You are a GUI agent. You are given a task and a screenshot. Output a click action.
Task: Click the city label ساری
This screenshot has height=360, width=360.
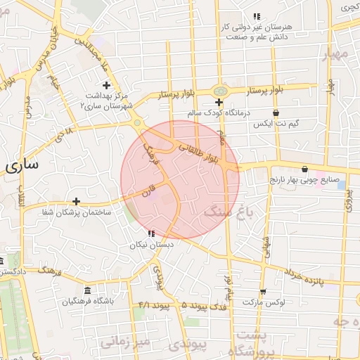(22, 165)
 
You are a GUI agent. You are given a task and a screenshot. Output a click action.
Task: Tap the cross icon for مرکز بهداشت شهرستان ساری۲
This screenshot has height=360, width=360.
(106, 85)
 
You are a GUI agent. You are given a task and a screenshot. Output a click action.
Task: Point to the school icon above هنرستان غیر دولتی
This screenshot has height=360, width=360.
(257, 15)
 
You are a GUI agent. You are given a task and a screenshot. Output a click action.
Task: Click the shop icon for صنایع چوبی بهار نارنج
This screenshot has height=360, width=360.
(304, 169)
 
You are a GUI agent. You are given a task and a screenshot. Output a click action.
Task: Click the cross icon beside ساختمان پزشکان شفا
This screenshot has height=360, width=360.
(77, 202)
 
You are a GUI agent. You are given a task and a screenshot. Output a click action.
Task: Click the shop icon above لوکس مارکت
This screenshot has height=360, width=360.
(262, 291)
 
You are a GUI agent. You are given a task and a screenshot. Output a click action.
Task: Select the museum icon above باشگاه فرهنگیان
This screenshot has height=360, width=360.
(87, 291)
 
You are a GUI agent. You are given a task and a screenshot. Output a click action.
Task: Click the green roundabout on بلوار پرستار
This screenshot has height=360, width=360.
(220, 91)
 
